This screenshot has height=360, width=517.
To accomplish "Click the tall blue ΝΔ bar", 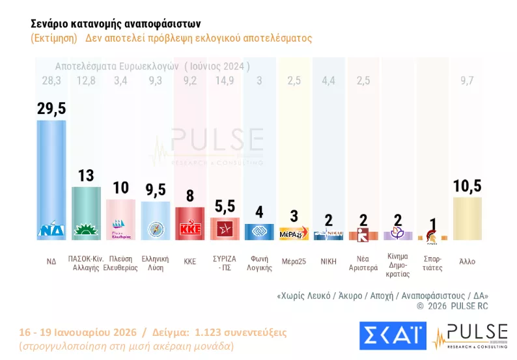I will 51,176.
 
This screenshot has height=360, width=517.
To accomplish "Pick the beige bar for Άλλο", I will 467,218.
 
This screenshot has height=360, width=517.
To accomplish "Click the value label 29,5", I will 51,109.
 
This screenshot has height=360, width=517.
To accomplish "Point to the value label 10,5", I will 467,186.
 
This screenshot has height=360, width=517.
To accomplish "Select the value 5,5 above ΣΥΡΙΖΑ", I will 226,206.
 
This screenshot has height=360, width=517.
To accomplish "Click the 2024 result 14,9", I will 226,81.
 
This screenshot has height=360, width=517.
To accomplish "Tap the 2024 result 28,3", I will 51,81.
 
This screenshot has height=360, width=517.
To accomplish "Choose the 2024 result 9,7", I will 467,81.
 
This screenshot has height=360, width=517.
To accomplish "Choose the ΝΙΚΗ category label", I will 328,261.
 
